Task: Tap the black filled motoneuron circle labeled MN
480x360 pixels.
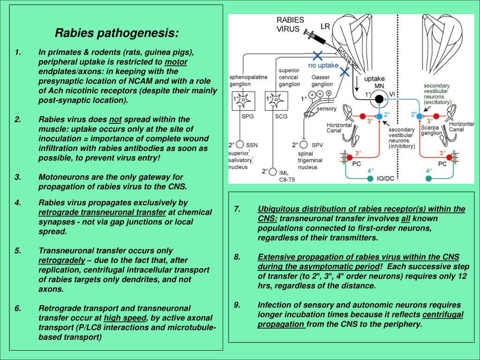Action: pos(378,98)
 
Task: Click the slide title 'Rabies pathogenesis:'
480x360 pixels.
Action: pos(117,33)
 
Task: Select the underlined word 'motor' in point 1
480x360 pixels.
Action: pos(176,62)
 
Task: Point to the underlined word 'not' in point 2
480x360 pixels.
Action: pos(115,119)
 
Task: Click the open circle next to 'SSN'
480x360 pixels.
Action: pos(240,144)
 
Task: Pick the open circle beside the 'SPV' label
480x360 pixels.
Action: pos(303,145)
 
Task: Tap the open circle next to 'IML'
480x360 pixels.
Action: pos(271,172)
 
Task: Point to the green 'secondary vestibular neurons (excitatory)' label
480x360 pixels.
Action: pos(437,93)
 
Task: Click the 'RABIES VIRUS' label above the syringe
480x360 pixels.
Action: pos(290,24)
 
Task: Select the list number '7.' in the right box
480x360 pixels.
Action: pos(237,209)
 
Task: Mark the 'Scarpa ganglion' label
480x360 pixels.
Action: pos(431,130)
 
